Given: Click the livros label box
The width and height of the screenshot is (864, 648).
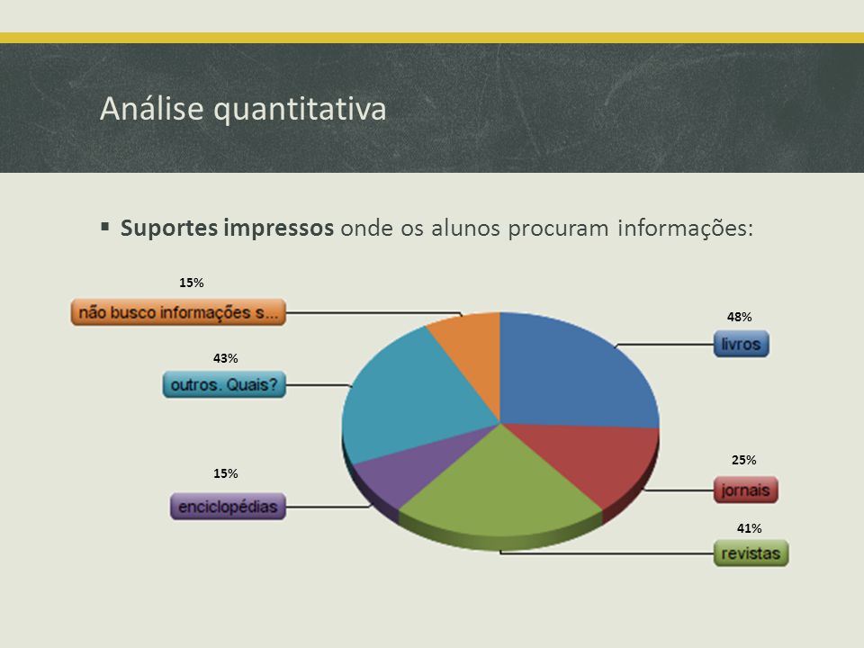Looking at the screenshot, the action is click(x=741, y=344).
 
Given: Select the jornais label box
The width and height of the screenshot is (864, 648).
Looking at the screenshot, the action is click(x=745, y=490).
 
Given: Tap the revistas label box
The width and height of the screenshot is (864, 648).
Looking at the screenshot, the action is click(x=751, y=553).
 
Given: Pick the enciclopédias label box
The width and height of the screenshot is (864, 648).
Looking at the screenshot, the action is click(x=228, y=507).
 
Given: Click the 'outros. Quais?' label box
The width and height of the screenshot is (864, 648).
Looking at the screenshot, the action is click(x=224, y=384).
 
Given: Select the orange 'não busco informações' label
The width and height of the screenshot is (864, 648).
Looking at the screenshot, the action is click(x=178, y=312).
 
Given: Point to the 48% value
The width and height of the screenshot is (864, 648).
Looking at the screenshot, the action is click(x=740, y=317).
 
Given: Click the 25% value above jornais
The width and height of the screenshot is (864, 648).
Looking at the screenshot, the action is click(x=744, y=460).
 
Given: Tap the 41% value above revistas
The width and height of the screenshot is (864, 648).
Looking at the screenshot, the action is click(x=750, y=528).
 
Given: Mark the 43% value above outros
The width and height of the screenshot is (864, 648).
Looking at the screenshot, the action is click(x=226, y=359).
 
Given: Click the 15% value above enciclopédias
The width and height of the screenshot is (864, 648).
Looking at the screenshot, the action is click(x=226, y=473).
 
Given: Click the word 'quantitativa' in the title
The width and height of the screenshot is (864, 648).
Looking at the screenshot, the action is click(x=300, y=109).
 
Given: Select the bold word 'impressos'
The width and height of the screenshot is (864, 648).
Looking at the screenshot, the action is click(x=278, y=228).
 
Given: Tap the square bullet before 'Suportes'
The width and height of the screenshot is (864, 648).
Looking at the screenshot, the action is click(x=105, y=226).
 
